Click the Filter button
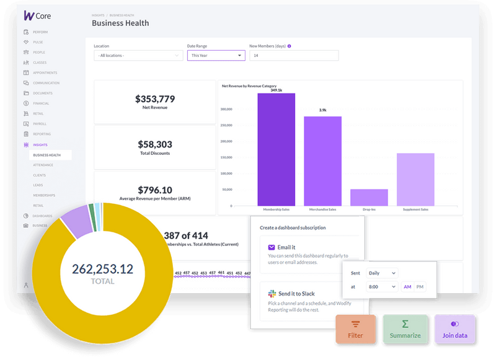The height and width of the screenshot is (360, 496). (x=355, y=329)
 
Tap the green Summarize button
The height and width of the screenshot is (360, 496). (x=404, y=329)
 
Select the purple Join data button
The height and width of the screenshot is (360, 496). (x=454, y=329)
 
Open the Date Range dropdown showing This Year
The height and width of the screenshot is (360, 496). (x=216, y=55)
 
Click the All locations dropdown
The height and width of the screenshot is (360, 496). (x=138, y=55)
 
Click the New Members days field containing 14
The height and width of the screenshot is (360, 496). (x=294, y=55)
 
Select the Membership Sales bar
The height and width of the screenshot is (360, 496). (x=276, y=149)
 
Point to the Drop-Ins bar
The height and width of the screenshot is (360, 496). (x=369, y=197)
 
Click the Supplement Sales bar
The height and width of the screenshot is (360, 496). (x=415, y=179)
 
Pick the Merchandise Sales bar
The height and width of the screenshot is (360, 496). (x=322, y=160)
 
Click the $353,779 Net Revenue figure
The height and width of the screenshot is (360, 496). (x=155, y=99)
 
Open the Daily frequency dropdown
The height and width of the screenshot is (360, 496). (x=382, y=273)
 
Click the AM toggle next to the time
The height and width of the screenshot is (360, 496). (x=407, y=287)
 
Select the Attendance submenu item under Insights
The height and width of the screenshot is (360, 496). (x=43, y=165)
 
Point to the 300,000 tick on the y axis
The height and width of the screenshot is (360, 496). (x=226, y=110)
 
